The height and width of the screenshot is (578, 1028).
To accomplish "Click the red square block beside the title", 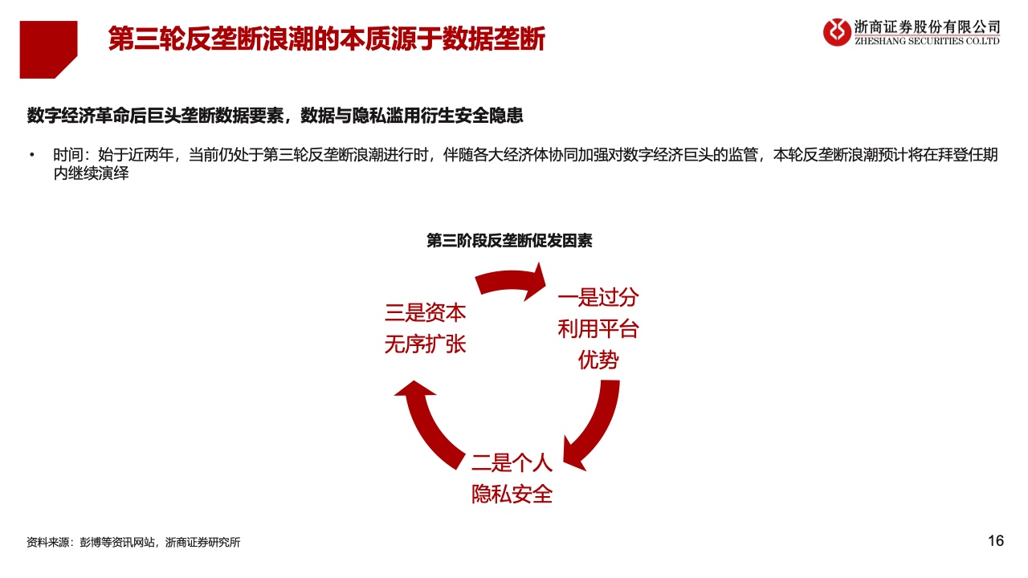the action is pos(48,50).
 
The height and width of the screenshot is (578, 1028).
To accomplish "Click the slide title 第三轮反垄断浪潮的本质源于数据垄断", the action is pos(326,38).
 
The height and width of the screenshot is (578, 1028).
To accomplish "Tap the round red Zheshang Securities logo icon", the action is pos(837,32).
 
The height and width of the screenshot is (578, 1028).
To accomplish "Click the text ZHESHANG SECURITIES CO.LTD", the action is pos(927,41).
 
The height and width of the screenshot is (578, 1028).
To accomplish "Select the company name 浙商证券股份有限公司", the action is pos(927,27).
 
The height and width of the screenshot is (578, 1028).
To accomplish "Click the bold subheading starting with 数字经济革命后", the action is pos(275,115).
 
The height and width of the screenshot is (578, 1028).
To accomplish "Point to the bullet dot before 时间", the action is pos(31,155).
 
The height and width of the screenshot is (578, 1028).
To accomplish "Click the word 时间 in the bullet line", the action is pos(68,155).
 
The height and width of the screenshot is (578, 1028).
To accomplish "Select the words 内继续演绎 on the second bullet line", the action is pos(92,173).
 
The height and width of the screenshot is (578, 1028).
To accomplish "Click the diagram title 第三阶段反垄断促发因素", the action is pos(509,240).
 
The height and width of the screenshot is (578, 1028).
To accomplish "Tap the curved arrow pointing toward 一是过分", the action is pos(509,281).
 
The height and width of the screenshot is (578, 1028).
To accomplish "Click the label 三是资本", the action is pos(425,313).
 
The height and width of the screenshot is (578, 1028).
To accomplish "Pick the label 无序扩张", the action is pos(425,344).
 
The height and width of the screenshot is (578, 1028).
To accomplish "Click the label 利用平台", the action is pos(598,329).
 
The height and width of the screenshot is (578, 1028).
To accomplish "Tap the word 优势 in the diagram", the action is pos(598,360).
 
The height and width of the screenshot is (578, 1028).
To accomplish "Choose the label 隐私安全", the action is pos(512,495).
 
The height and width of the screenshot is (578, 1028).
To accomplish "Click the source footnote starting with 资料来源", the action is pos(133,542).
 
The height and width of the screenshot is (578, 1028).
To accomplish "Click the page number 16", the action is pos(996,541).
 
